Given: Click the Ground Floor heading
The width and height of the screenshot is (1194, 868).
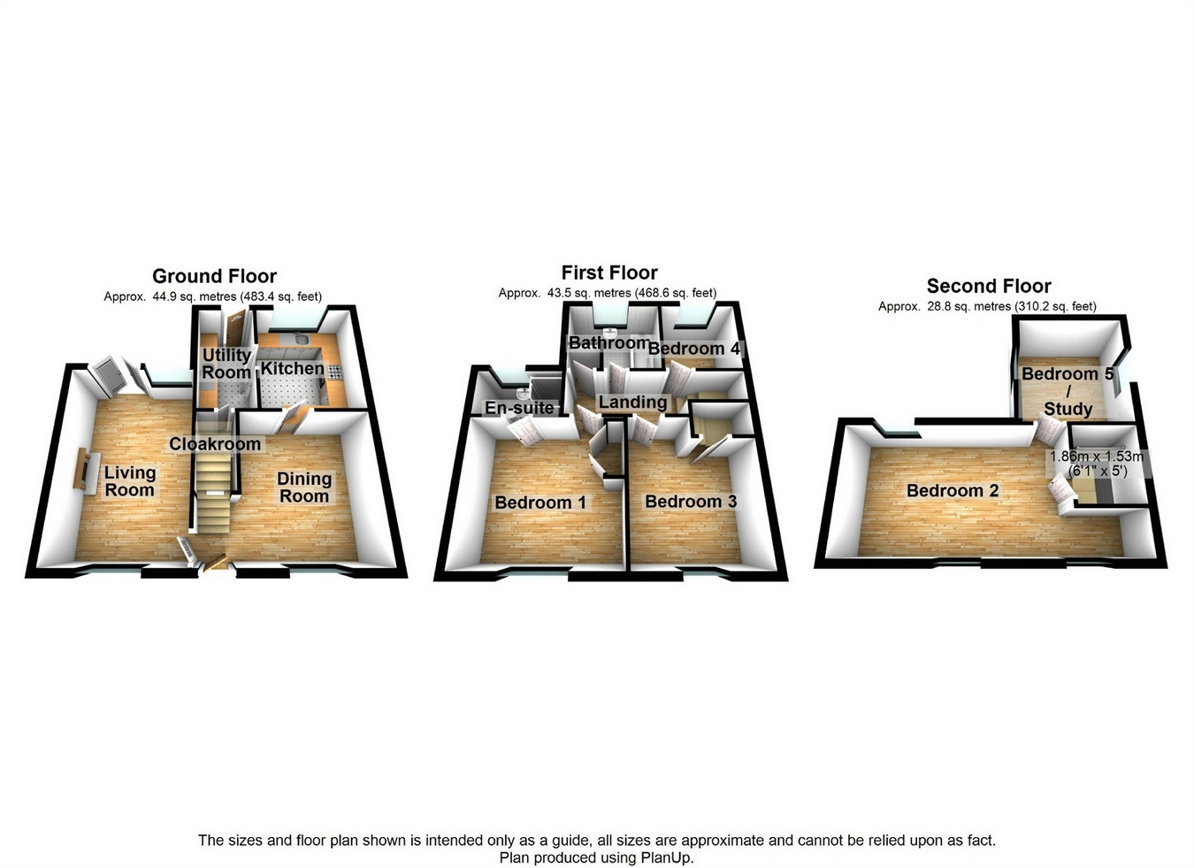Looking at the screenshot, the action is (x=214, y=276).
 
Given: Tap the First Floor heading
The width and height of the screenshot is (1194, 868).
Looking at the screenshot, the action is (x=609, y=273).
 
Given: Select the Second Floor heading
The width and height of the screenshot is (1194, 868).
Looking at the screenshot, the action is (x=989, y=286).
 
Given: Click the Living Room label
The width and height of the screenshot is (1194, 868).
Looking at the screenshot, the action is (x=129, y=481).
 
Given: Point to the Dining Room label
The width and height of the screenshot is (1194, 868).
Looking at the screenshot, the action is (x=304, y=488).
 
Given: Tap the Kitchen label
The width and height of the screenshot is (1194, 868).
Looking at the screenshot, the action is (x=292, y=368).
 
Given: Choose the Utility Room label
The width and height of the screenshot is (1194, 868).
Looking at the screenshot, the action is (x=226, y=364).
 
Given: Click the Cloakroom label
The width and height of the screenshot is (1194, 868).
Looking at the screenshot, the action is (x=215, y=444).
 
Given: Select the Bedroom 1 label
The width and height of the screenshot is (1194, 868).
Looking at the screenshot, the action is (x=540, y=503).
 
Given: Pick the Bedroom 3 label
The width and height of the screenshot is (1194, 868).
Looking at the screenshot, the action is (x=691, y=502).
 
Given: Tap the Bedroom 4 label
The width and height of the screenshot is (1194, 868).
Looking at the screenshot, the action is (x=693, y=349).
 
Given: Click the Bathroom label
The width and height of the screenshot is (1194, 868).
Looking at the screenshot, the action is (x=608, y=342).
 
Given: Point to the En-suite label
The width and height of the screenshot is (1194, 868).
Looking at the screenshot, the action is (x=519, y=408).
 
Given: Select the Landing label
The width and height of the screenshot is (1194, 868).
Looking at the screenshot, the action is (x=632, y=403).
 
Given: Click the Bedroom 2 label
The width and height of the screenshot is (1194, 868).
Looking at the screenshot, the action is (x=953, y=490).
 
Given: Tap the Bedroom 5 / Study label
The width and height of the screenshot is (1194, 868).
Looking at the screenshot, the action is (x=1068, y=391).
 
